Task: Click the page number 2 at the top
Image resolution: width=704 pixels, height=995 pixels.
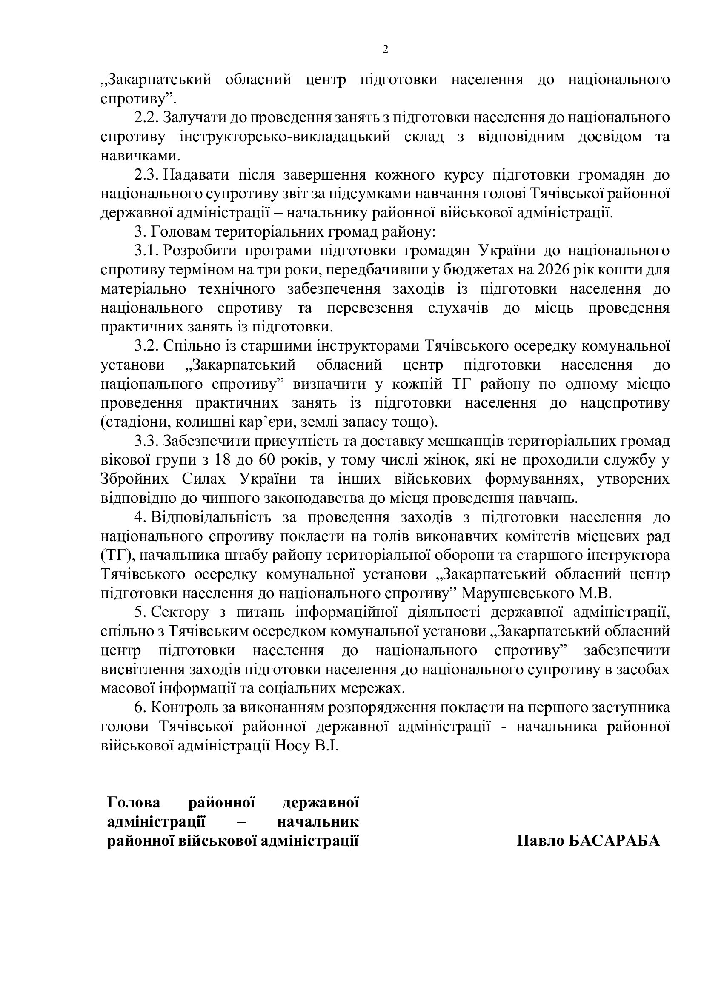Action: (385, 49)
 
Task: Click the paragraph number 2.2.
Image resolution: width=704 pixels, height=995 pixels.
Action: (147, 117)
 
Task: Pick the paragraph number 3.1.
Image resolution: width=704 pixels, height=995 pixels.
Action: (147, 251)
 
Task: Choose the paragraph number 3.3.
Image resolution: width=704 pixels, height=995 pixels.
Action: (147, 441)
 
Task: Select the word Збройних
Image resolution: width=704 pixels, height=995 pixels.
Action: (135, 479)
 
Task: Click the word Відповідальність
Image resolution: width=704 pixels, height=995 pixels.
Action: (211, 517)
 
